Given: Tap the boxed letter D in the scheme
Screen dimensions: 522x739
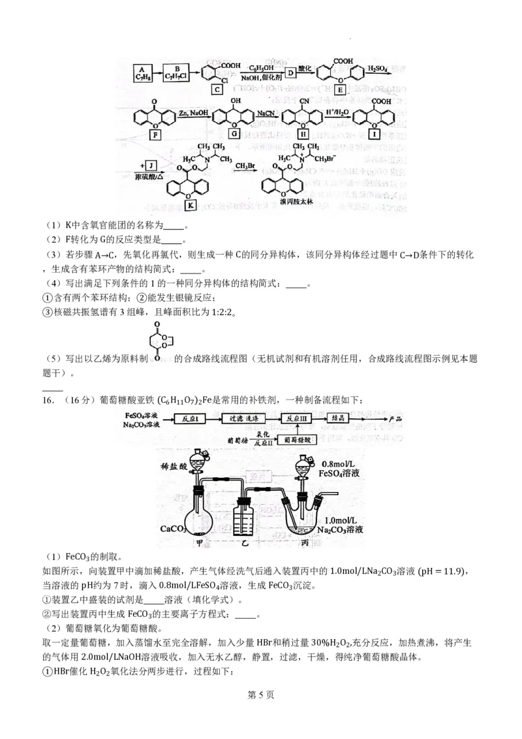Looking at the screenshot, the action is click(291, 72).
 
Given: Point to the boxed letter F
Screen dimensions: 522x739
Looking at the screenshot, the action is click(155, 135).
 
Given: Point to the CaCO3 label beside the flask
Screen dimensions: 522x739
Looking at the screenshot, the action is click(174, 527).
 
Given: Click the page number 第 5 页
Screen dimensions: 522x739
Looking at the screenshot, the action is click(261, 713).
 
